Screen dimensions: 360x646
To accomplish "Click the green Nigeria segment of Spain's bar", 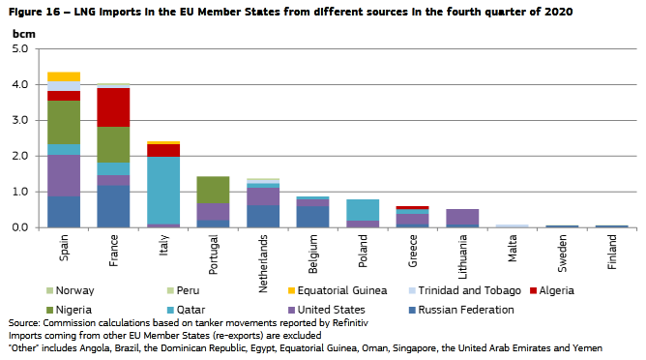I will coord(64,123).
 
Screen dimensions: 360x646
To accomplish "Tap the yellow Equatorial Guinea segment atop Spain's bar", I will coord(64,76).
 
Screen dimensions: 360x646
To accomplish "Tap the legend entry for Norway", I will coord(74,290).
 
